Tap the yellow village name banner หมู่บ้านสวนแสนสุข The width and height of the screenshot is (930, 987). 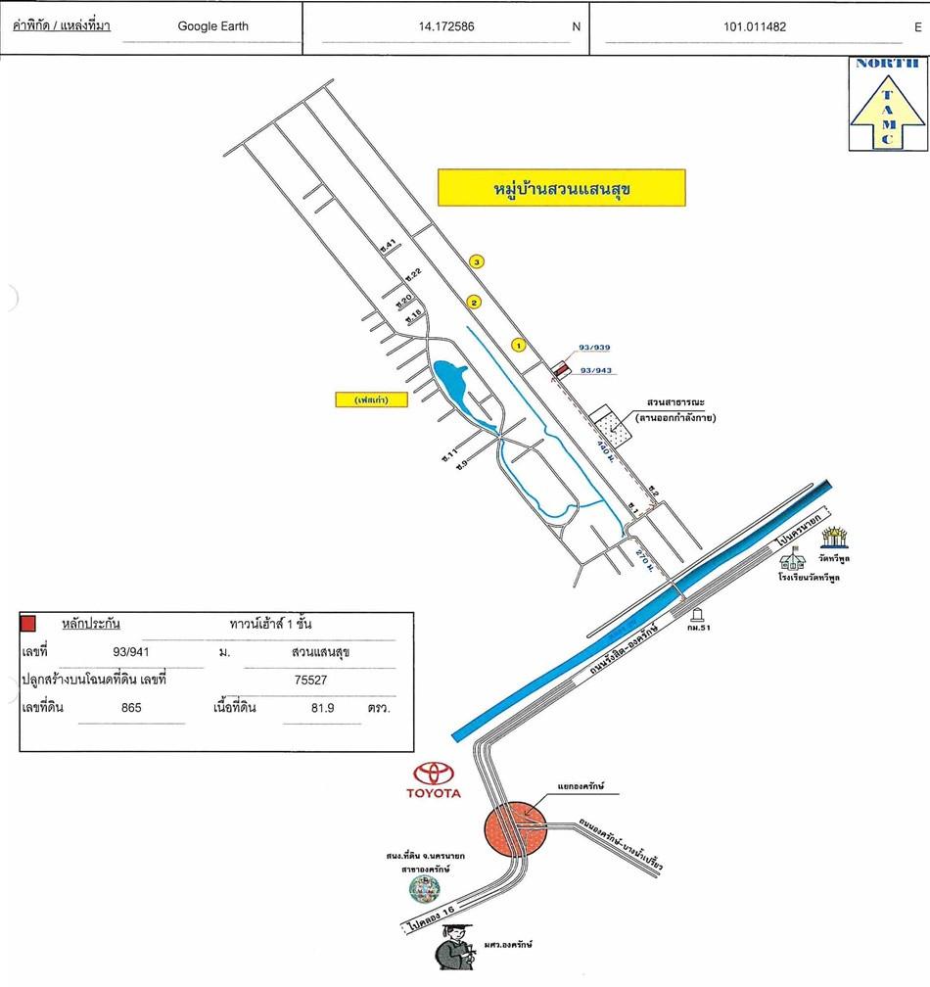pos(561,187)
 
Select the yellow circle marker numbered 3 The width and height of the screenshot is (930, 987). pos(477,261)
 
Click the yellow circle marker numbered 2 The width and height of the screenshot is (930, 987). pos(474,303)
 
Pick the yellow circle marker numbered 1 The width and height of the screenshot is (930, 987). pos(519,344)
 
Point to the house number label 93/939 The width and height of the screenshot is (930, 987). pos(594,348)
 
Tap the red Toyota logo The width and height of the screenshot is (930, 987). pos(434,774)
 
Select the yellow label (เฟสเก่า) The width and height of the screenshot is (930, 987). pos(368,399)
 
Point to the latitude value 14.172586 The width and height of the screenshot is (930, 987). pos(445,26)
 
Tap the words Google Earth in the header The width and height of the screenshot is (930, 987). pos(212,26)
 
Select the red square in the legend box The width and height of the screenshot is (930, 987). pos(29,623)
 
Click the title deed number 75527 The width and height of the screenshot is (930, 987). pos(309,677)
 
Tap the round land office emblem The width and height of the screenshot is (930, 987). pos(424,888)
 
